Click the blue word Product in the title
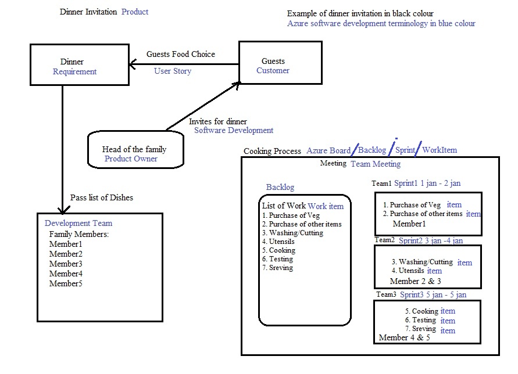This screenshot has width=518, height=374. pyautogui.click(x=135, y=12)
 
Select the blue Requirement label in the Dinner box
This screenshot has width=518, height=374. pyautogui.click(x=74, y=72)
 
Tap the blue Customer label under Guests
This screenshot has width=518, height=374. pyautogui.click(x=273, y=70)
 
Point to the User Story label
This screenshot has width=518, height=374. pyautogui.click(x=173, y=71)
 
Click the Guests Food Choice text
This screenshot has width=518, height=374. pyautogui.click(x=181, y=54)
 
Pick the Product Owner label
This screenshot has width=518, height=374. pyautogui.click(x=131, y=159)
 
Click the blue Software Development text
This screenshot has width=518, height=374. pyautogui.click(x=234, y=131)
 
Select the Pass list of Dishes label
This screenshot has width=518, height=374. pyautogui.click(x=102, y=197)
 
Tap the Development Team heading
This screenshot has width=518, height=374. pyautogui.click(x=78, y=224)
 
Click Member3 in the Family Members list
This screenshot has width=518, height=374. pyautogui.click(x=66, y=264)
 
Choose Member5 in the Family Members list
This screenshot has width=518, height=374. pyautogui.click(x=66, y=283)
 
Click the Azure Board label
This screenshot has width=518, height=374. pyautogui.click(x=328, y=151)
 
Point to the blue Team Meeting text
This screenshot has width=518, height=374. pyautogui.click(x=376, y=164)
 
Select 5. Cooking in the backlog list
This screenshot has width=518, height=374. pyautogui.click(x=279, y=250)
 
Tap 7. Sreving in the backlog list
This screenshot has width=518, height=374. pyautogui.click(x=277, y=268)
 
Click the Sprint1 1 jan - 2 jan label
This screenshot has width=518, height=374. pyautogui.click(x=427, y=184)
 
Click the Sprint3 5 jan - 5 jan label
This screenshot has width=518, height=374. pyautogui.click(x=433, y=295)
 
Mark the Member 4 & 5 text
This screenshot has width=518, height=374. pyautogui.click(x=405, y=337)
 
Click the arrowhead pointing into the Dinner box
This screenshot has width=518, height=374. pyautogui.click(x=133, y=64)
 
